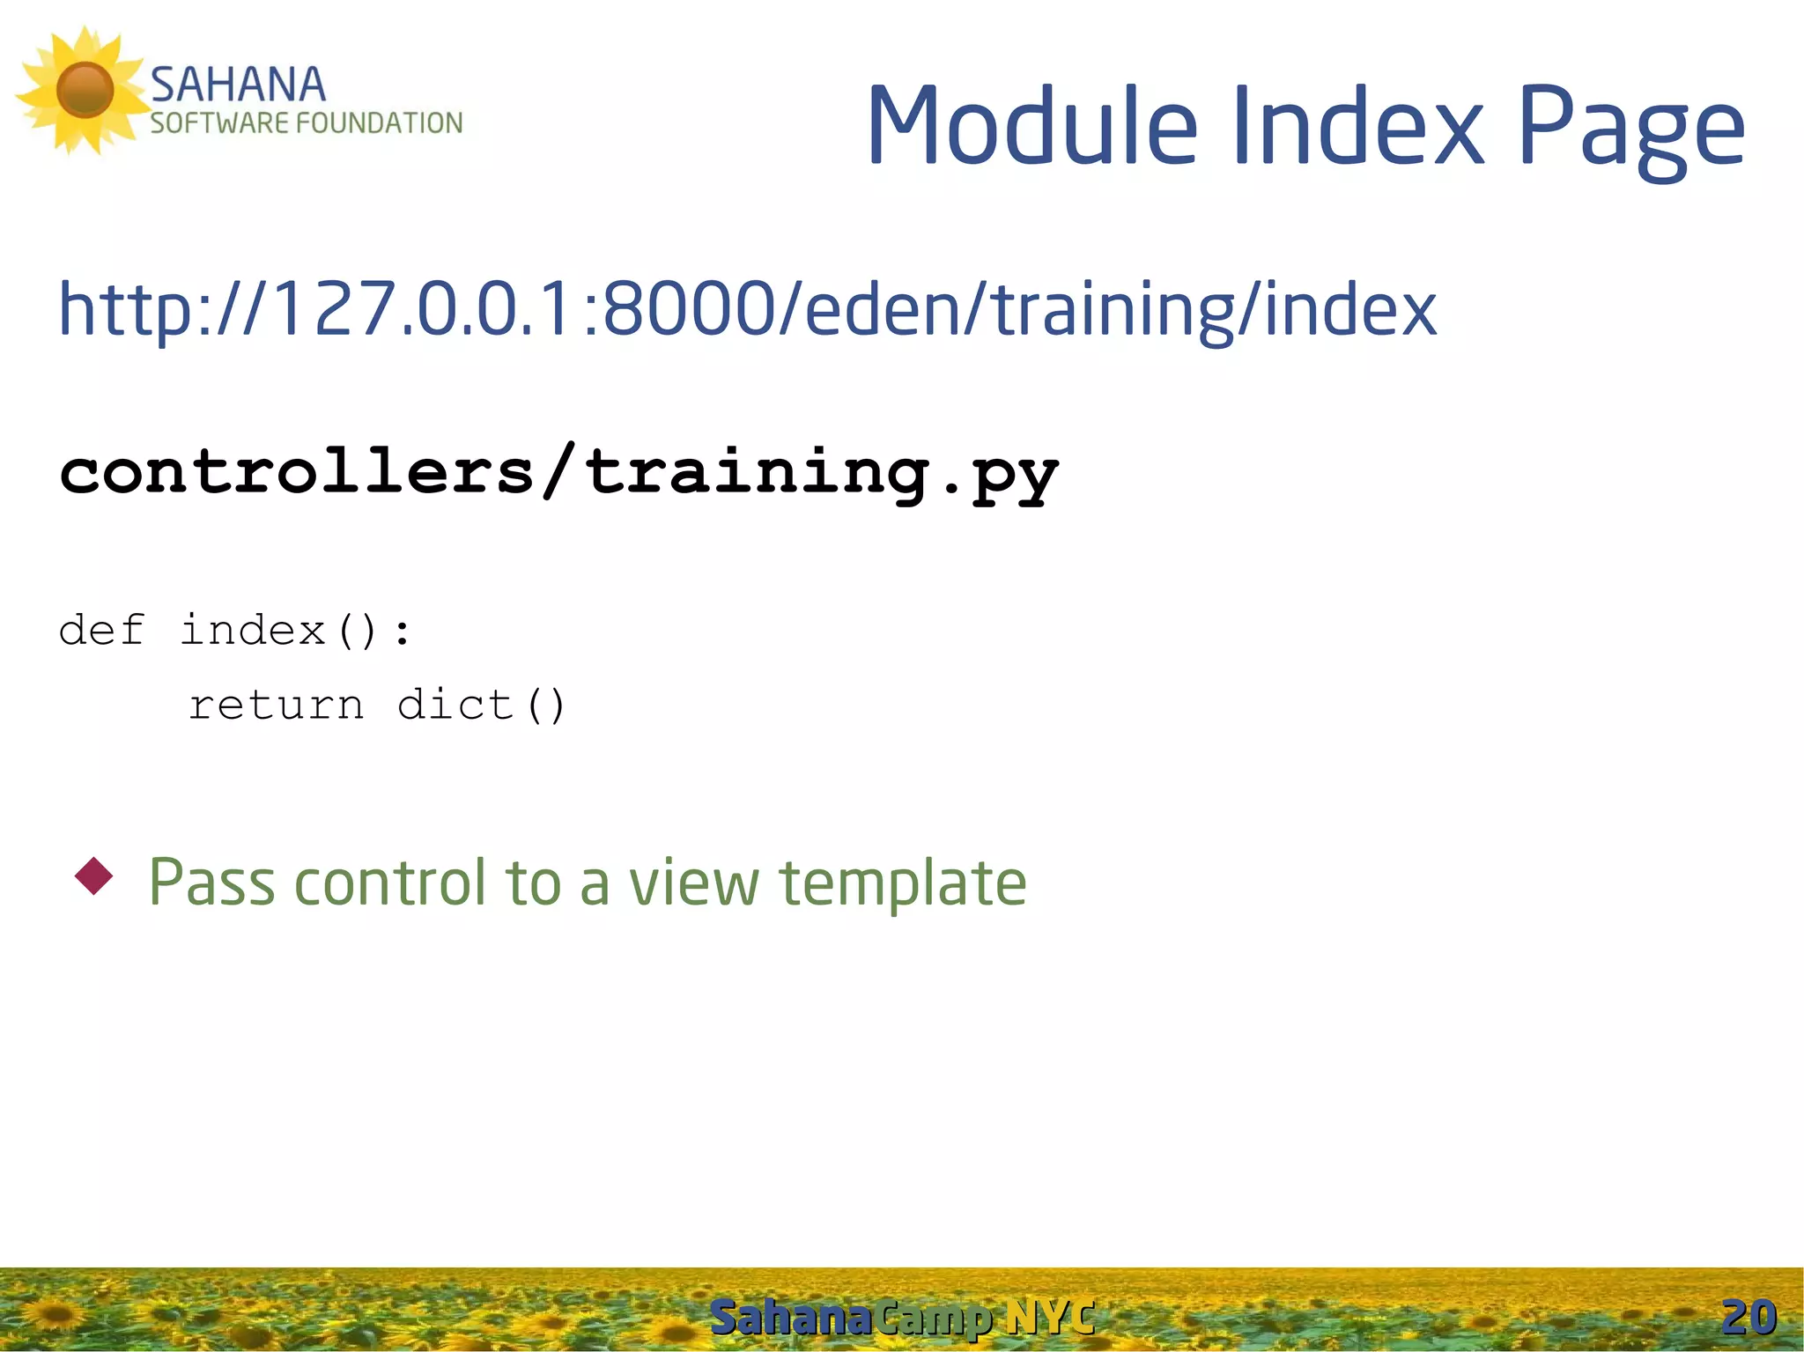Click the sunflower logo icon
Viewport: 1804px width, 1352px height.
pyautogui.click(x=85, y=90)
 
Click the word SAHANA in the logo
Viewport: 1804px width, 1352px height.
pyautogui.click(x=238, y=85)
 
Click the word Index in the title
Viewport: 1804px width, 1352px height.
pyautogui.click(x=1357, y=125)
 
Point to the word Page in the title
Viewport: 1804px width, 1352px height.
pyautogui.click(x=1630, y=128)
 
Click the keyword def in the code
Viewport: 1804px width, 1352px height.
pyautogui.click(x=101, y=631)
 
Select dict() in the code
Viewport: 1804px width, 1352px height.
pyautogui.click(x=481, y=705)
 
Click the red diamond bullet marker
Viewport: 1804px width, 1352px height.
pyautogui.click(x=94, y=875)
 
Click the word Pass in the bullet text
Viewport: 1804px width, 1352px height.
pyautogui.click(x=211, y=882)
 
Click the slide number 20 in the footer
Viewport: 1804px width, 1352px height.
pyautogui.click(x=1749, y=1317)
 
